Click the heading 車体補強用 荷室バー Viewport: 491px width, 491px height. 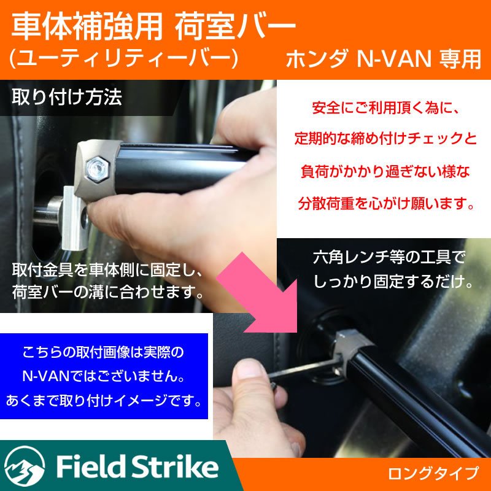pos(153,26)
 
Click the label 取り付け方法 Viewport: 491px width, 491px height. pos(67,98)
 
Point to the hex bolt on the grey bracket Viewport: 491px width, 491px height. pos(96,168)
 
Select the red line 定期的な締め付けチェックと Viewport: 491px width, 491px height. pos(385,140)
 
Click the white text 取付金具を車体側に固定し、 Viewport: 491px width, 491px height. pos(107,270)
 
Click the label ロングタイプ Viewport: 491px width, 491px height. pos(433,473)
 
